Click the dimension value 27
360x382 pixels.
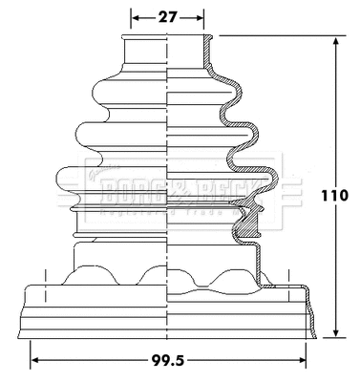point(167,15)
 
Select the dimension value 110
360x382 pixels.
point(336,196)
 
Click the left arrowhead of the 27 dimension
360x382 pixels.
point(134,16)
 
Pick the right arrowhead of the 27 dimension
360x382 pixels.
point(201,16)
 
